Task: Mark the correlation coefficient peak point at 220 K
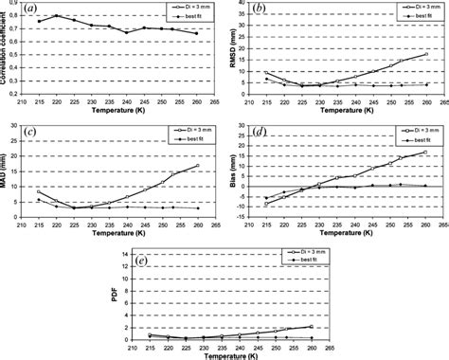pos(57,16)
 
